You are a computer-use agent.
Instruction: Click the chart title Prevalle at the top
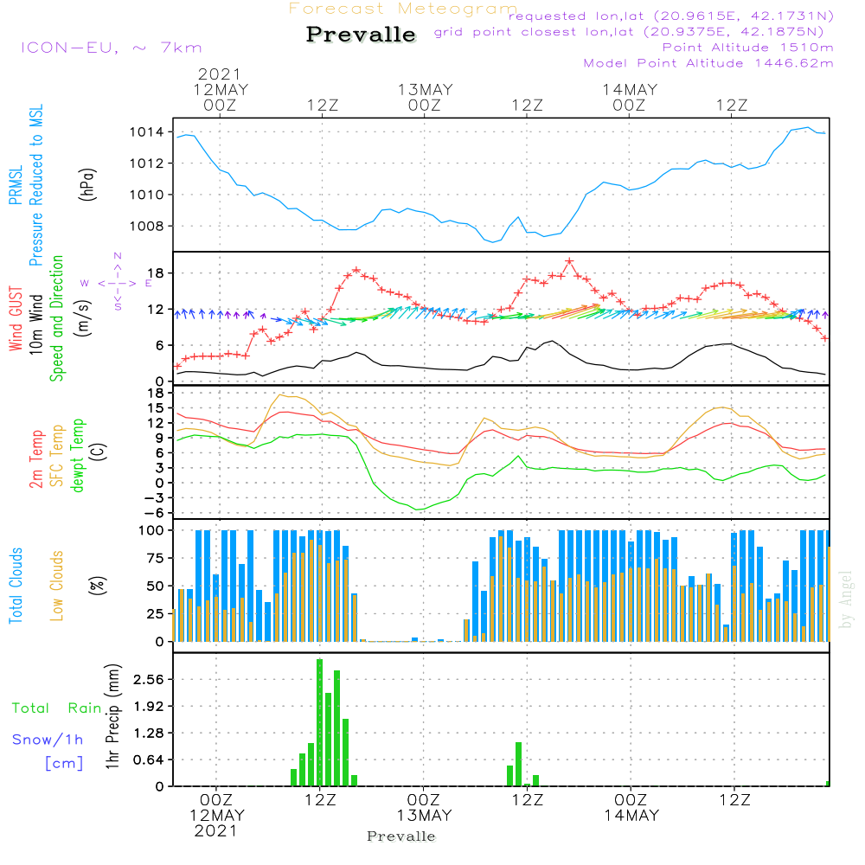point(361,35)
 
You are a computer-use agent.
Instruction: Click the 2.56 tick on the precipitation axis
point(148,680)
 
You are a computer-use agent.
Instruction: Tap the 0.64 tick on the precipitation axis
point(148,760)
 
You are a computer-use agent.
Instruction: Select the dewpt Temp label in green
point(79,456)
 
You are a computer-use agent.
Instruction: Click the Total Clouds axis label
point(16,586)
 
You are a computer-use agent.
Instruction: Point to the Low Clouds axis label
point(57,586)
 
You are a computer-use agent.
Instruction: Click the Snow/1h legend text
point(48,740)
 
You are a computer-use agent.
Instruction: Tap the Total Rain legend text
point(57,708)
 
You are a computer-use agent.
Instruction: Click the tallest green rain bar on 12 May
point(319,722)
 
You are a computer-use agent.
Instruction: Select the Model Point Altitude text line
point(708,63)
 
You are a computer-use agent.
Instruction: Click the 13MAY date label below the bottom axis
point(424,815)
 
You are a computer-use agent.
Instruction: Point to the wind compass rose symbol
point(118,282)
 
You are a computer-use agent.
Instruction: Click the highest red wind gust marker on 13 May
point(569,260)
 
